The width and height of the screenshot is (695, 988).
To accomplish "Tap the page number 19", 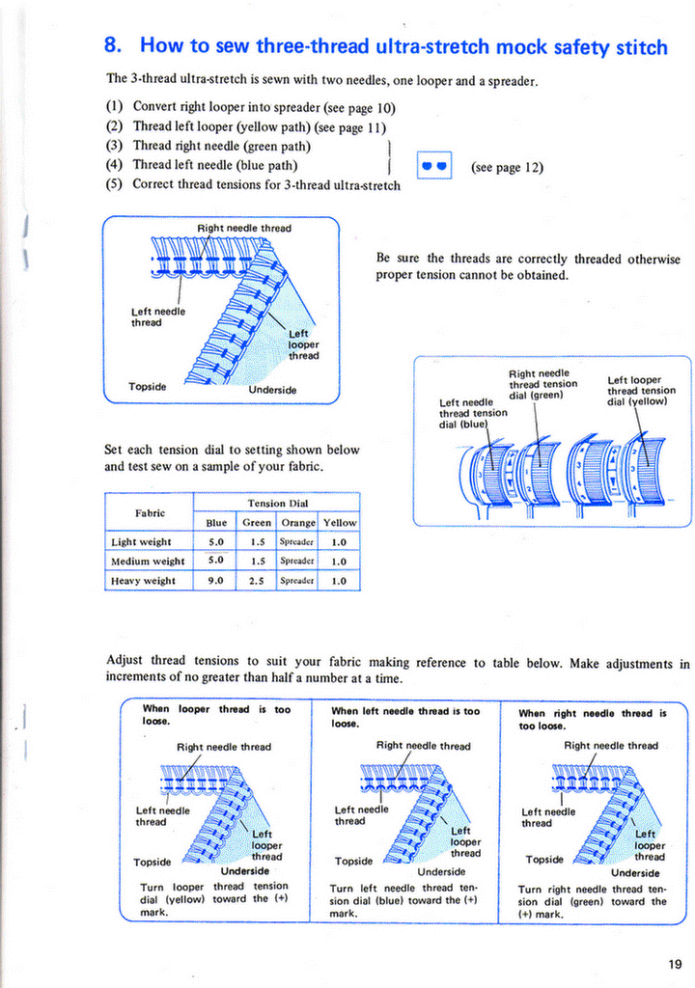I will [x=673, y=963].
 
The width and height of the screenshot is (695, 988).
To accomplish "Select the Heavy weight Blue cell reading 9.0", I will [x=216, y=580].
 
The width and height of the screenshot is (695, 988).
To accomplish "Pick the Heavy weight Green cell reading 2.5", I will [x=258, y=580].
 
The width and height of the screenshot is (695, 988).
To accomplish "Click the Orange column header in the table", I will [x=297, y=522].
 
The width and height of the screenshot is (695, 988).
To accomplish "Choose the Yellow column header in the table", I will [x=340, y=522].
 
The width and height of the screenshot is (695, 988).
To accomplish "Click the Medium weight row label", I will [x=149, y=561].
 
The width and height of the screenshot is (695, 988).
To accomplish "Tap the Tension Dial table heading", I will [x=276, y=503].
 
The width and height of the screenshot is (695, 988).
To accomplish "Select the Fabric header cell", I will [x=149, y=512].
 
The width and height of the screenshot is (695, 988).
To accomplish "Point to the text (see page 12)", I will [x=507, y=167].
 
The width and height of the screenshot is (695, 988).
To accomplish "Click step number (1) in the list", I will [x=114, y=107].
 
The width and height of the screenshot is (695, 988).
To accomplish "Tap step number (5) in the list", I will [x=114, y=183].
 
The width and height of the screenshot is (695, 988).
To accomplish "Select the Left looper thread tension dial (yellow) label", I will [x=641, y=392].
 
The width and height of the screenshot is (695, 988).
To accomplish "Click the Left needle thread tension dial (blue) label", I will [x=473, y=413].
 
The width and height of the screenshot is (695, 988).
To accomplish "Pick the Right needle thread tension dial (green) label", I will [x=542, y=384].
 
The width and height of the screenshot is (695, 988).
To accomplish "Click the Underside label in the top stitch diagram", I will [x=272, y=390].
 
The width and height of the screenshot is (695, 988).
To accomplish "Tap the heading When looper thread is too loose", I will [x=216, y=715].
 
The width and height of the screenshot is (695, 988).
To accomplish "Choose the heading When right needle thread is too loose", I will [x=592, y=720].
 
